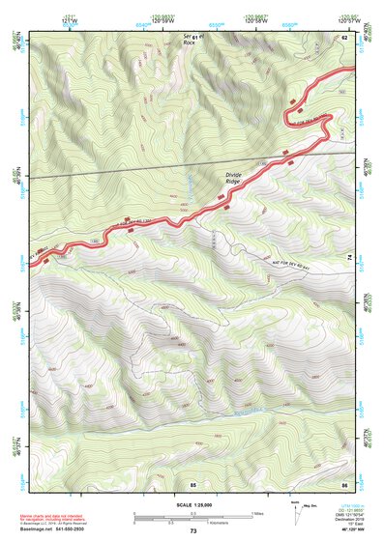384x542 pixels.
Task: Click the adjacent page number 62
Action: (x=343, y=36)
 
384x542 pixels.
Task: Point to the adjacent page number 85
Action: (x=192, y=482)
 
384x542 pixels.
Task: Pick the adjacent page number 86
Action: (x=343, y=482)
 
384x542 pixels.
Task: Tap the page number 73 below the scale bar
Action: (x=192, y=532)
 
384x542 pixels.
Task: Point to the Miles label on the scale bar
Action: (x=256, y=513)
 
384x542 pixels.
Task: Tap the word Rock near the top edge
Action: (x=189, y=43)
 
